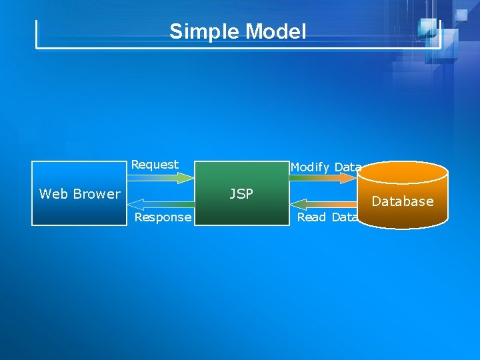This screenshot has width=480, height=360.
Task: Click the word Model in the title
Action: click(x=277, y=31)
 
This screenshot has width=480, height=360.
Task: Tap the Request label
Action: click(x=155, y=165)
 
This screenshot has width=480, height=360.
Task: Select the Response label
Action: click(x=163, y=217)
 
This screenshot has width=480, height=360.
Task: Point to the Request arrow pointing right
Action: click(x=159, y=178)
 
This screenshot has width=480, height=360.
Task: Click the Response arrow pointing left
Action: click(x=159, y=202)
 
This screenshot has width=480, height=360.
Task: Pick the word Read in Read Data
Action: click(x=311, y=217)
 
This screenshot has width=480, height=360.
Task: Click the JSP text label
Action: click(x=241, y=194)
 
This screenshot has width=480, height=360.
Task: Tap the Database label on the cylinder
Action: click(x=403, y=201)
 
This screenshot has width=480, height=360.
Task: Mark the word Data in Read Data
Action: click(x=344, y=217)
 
